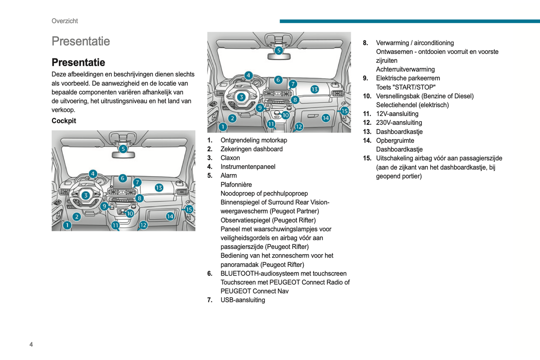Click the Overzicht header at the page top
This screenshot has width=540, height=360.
click(x=65, y=21)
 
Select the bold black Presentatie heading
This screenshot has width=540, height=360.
click(x=78, y=62)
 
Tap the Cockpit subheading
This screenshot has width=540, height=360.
click(x=64, y=121)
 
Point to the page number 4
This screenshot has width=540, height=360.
click(x=31, y=344)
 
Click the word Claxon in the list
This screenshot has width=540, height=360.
click(x=230, y=158)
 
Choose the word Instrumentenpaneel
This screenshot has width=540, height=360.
click(x=248, y=167)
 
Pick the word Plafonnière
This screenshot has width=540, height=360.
click(x=236, y=185)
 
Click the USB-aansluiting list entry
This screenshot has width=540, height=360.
click(x=243, y=300)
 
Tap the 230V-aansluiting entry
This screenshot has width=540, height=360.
click(x=399, y=123)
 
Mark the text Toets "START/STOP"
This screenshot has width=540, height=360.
click(x=405, y=87)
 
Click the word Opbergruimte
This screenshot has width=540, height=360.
click(x=395, y=141)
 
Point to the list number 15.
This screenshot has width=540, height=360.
click(x=367, y=158)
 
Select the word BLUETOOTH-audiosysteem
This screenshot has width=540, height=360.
click(x=258, y=273)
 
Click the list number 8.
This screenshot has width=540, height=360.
click(x=365, y=43)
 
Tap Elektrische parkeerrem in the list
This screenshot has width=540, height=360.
click(x=408, y=78)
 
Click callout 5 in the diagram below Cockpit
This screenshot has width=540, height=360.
click(x=123, y=149)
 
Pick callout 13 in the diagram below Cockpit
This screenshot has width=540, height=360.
click(x=159, y=188)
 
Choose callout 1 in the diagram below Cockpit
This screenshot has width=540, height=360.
click(x=67, y=225)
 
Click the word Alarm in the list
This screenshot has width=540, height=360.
click(x=229, y=176)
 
